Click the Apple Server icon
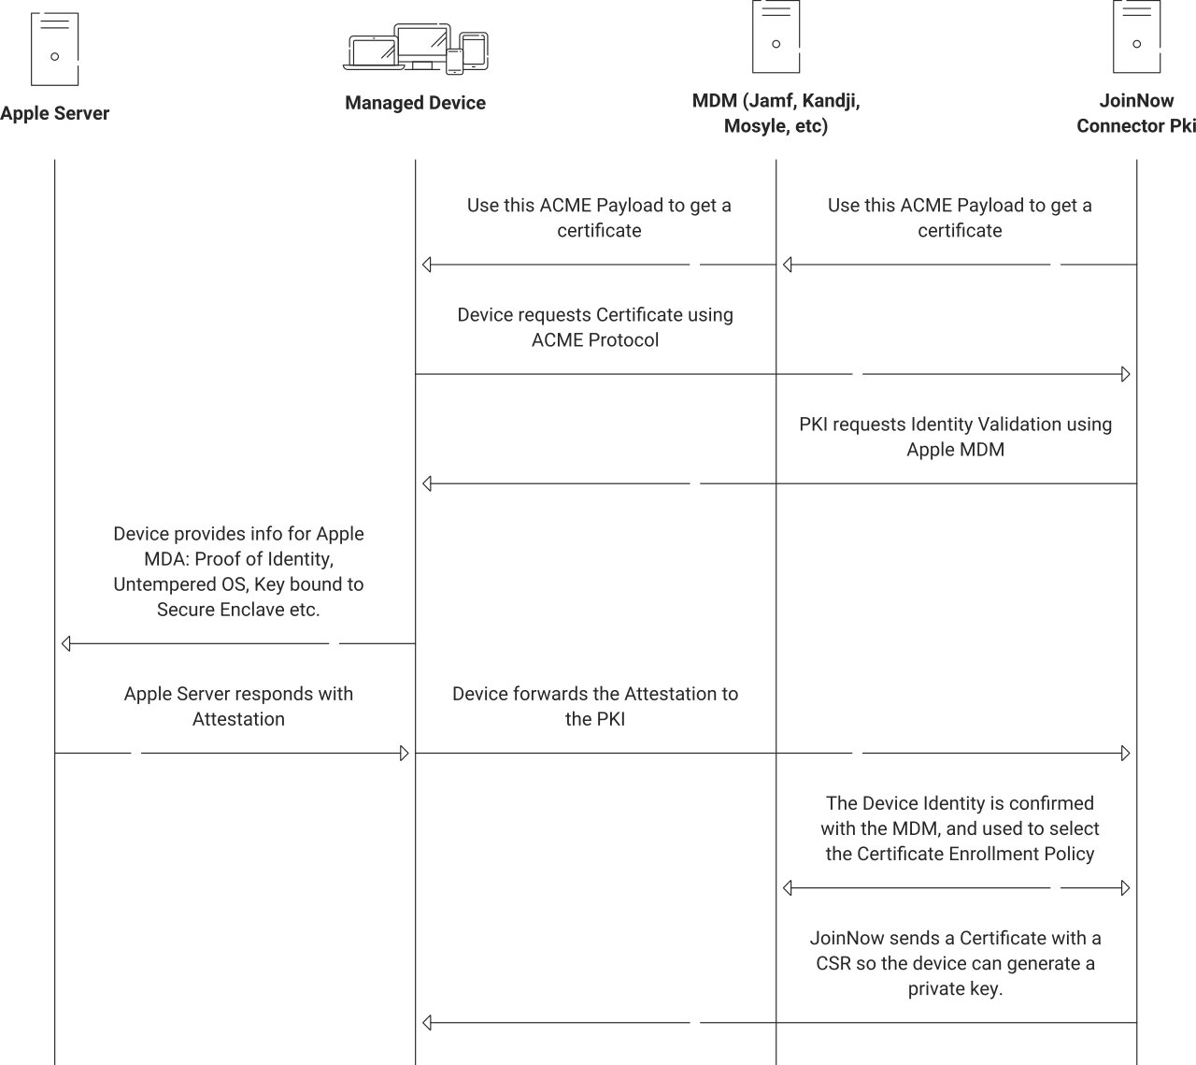click(x=54, y=50)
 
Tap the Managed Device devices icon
click(x=416, y=49)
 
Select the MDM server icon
click(x=776, y=37)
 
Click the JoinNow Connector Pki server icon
click(x=1136, y=37)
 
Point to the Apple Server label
click(x=55, y=113)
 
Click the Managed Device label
click(x=415, y=103)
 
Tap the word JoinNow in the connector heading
click(x=1136, y=101)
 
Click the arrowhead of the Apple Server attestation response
click(x=405, y=754)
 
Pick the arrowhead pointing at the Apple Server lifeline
click(x=66, y=643)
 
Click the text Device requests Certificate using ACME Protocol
click(x=595, y=327)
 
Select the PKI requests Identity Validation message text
click(x=955, y=437)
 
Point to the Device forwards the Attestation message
click(x=595, y=706)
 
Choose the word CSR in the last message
click(x=833, y=963)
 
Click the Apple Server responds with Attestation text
click(x=238, y=706)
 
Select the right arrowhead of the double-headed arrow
click(x=1126, y=887)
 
